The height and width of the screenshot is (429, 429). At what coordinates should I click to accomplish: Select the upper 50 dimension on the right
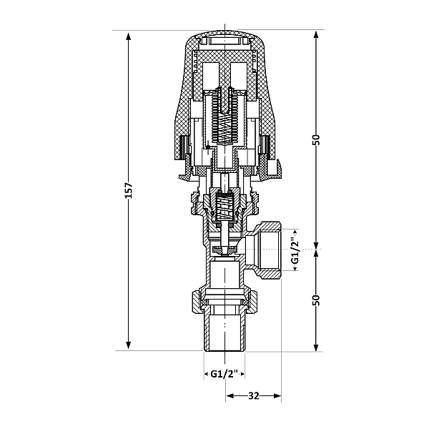(316, 139)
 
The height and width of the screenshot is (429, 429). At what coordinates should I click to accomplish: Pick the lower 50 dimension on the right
(316, 298)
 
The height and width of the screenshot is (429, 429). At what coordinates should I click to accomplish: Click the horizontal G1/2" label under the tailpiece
(226, 374)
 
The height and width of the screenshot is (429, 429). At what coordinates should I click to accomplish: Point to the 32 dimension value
(254, 395)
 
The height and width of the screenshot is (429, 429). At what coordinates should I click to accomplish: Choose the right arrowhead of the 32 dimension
(277, 395)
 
